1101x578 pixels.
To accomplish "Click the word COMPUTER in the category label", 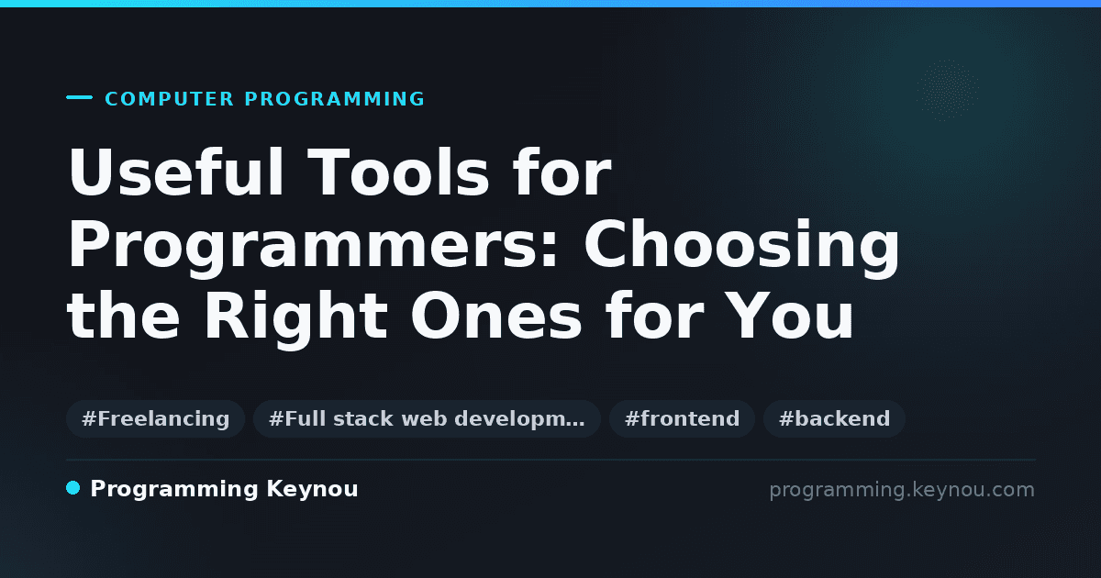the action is [169, 99].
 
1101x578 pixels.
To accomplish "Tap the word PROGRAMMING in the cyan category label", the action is [334, 99].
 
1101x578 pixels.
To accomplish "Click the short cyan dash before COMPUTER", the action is [79, 97].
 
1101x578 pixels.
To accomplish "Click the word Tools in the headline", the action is [398, 172].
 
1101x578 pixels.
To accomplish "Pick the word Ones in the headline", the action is [496, 316].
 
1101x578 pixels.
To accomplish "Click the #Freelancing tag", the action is [155, 418].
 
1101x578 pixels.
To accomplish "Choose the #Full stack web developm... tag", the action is [427, 418].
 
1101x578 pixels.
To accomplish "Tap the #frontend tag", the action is [682, 418].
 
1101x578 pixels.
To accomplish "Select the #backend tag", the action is [834, 418].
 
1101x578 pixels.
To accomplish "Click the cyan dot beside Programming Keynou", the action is [73, 488].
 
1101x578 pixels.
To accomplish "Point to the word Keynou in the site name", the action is [312, 490].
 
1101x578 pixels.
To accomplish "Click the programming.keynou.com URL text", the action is [902, 490].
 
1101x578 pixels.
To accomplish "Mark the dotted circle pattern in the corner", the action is [948, 91].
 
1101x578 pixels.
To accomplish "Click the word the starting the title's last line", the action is [124, 316].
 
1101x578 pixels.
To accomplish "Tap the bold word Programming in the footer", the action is [174, 490].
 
